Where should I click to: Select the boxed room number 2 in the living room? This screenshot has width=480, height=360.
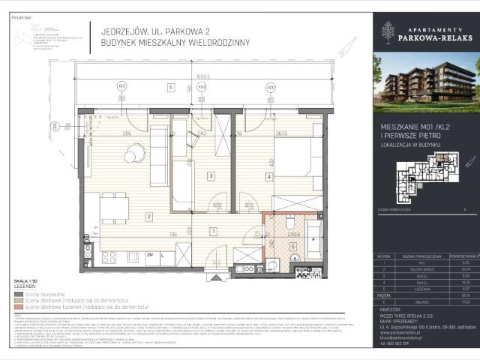(150, 217)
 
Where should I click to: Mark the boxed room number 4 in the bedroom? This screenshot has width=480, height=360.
(268, 178)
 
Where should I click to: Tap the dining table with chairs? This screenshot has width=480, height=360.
(114, 208)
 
